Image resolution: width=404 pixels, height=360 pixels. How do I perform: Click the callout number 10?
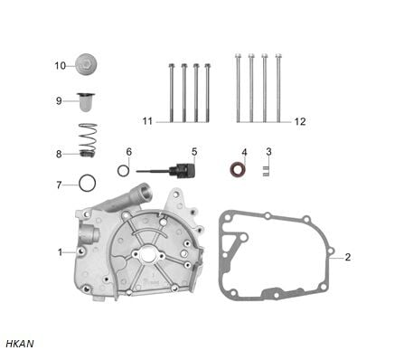60,65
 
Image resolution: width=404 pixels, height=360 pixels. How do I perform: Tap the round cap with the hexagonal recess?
86,64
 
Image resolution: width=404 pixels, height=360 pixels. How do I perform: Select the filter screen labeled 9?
86,102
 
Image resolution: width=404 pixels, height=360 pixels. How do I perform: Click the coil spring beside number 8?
88,140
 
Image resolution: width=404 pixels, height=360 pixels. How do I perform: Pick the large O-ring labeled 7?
88,183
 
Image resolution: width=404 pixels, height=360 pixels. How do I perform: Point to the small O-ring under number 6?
124,171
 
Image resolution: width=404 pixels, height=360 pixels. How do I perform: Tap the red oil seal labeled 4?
238,170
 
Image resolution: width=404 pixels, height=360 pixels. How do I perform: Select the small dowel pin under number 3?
266,171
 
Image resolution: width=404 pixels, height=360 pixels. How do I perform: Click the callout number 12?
300,121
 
